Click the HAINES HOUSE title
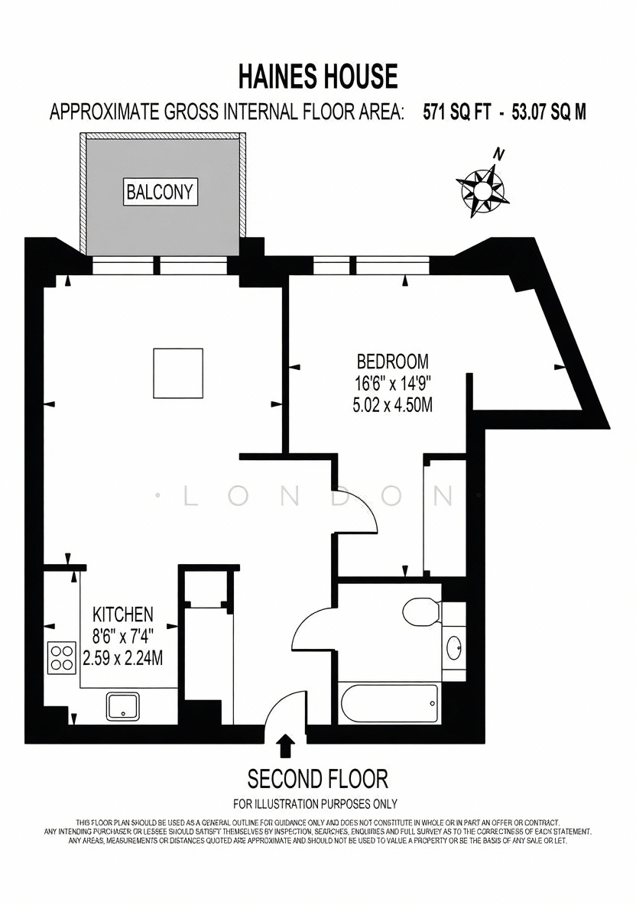318,76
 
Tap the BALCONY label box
160,192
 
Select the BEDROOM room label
392,362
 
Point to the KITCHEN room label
123,614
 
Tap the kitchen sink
122,706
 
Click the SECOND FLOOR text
317,779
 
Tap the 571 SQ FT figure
456,112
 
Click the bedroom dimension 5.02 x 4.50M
392,404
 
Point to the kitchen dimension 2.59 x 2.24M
123,657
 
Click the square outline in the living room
178,373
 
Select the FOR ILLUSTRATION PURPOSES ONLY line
315,803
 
